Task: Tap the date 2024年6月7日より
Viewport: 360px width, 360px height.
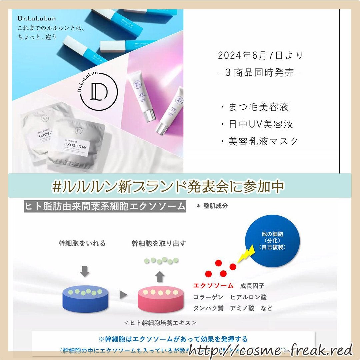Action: (x=261, y=56)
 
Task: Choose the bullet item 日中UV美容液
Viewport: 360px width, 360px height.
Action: (x=257, y=124)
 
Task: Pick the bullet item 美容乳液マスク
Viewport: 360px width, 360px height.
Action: (x=259, y=141)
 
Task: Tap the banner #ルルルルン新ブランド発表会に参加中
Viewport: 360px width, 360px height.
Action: (x=168, y=186)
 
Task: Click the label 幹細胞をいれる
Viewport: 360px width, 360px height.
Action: (x=82, y=243)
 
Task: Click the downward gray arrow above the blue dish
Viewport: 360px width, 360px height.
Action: (x=85, y=271)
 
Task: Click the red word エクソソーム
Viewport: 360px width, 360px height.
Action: (x=213, y=286)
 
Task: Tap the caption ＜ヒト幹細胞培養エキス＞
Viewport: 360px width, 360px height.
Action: (x=160, y=323)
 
